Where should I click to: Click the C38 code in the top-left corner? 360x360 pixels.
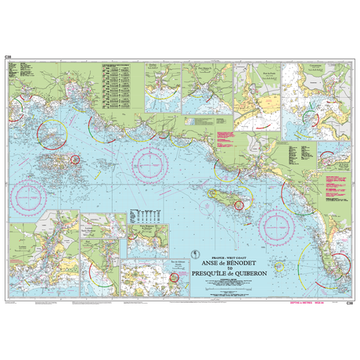(8, 57)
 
